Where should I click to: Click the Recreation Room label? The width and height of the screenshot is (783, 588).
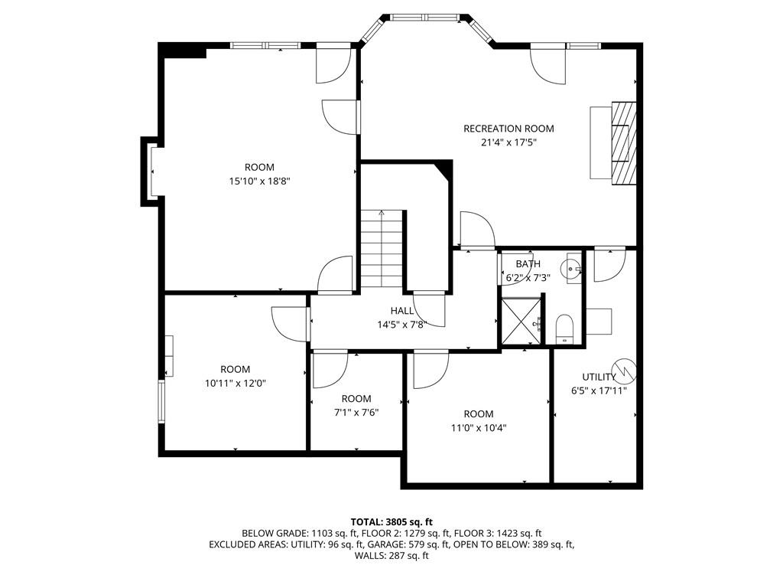[x=508, y=129]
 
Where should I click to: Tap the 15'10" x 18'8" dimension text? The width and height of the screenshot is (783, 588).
[x=260, y=181]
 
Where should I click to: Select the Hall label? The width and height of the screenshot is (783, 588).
[x=402, y=311]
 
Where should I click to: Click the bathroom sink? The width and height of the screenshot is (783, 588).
[x=572, y=269]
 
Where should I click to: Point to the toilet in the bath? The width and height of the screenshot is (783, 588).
[x=565, y=328]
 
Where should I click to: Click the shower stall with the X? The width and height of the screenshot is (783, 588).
[x=521, y=321]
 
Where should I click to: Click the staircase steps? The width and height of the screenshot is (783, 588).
[x=382, y=249]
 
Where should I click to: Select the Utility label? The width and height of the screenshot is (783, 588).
[x=599, y=377]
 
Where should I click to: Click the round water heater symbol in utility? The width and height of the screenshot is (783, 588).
[x=625, y=369]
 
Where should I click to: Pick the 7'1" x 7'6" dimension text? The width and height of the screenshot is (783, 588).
[x=356, y=413]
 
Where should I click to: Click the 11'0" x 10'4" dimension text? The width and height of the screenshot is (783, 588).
[x=479, y=428]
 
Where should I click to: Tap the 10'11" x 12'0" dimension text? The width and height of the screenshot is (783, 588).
[x=236, y=384]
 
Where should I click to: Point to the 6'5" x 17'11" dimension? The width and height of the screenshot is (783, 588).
[x=599, y=391]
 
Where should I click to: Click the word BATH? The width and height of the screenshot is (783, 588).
[x=528, y=264]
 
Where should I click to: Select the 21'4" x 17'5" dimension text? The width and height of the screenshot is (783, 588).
[x=508, y=142]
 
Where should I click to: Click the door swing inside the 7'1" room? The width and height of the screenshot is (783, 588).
[x=330, y=371]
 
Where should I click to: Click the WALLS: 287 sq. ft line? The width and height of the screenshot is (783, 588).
[x=391, y=556]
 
